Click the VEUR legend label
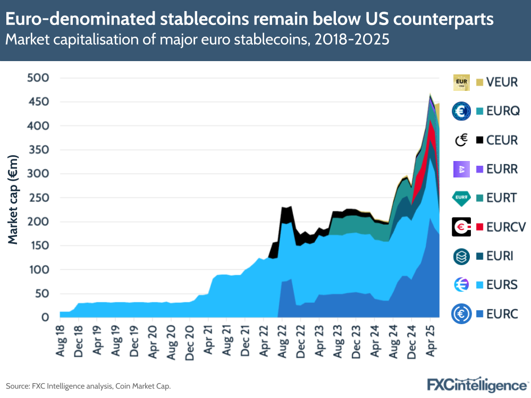tap(502, 82)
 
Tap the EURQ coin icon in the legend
tap(461, 111)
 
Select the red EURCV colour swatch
tap(479, 227)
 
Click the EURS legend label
tap(502, 285)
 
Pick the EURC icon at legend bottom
tap(461, 315)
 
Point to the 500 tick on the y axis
tap(38, 78)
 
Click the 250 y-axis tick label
tap(38, 198)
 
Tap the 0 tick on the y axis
tap(46, 318)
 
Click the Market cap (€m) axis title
tap(13, 199)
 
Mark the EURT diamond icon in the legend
tap(461, 198)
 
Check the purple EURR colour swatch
tap(479, 170)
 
